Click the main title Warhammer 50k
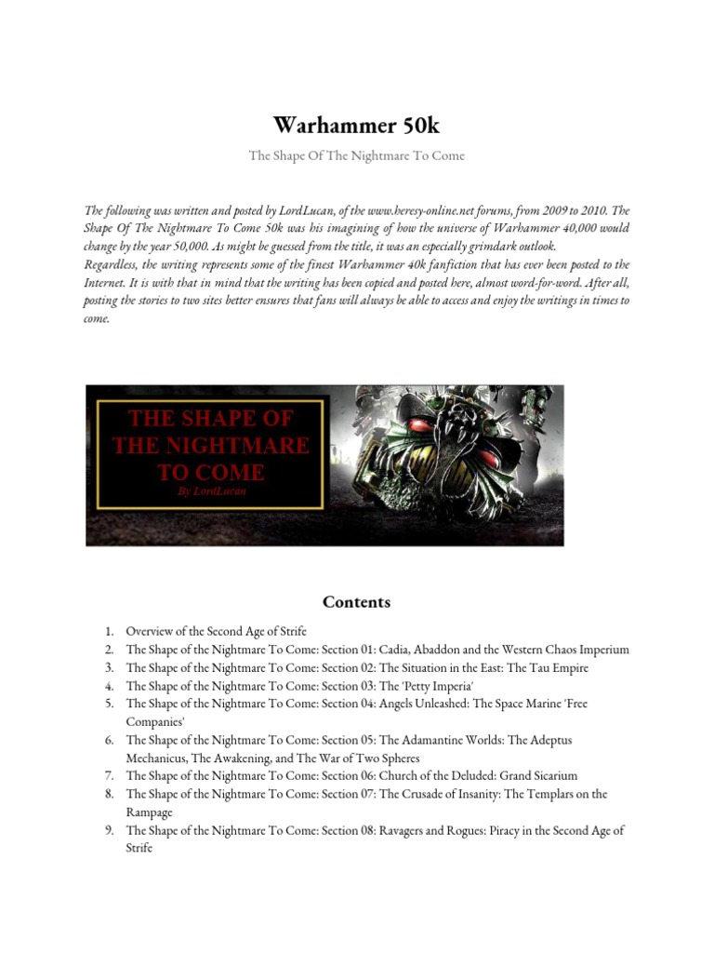click(x=356, y=125)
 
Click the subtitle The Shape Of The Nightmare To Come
click(x=356, y=155)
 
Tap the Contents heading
click(x=356, y=602)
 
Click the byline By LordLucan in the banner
click(x=212, y=490)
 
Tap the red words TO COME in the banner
click(x=211, y=471)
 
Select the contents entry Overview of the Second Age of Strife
click(x=217, y=631)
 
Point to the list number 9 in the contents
click(x=109, y=830)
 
